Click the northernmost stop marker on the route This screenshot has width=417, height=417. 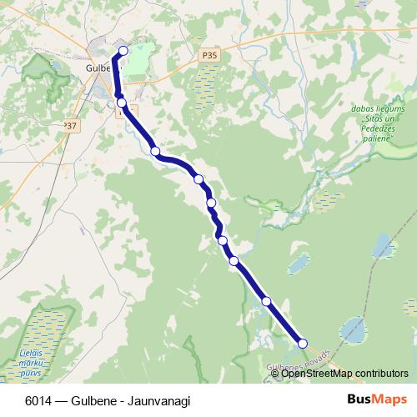(123, 51)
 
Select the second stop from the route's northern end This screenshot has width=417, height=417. (122, 103)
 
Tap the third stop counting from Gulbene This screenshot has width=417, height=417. (155, 151)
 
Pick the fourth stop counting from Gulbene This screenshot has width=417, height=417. (198, 178)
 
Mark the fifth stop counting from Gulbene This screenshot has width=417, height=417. (211, 203)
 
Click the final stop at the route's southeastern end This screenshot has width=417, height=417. (303, 343)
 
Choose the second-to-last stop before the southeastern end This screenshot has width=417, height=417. (267, 301)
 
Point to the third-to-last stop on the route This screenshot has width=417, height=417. (234, 261)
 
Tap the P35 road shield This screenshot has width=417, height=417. (209, 55)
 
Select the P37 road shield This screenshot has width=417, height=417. (69, 125)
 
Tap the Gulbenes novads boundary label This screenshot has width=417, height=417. (299, 359)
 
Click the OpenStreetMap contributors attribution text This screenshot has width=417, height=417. (344, 373)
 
